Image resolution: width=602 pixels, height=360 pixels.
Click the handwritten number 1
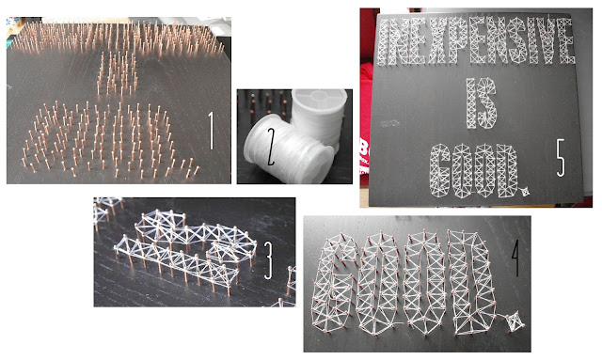tap(212, 131)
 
